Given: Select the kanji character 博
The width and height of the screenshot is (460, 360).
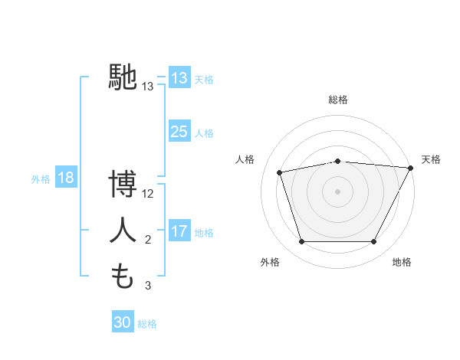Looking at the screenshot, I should click(x=123, y=185).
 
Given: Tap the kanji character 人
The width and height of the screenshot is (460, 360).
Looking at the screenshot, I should click(x=123, y=231).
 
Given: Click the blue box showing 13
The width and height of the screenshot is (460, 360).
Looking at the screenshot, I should click(x=179, y=78).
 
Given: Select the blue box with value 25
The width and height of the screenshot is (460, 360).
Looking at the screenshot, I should click(x=179, y=132).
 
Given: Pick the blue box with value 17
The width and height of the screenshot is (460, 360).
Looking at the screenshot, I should click(x=179, y=231).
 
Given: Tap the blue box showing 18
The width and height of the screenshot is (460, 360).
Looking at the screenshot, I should click(x=66, y=178).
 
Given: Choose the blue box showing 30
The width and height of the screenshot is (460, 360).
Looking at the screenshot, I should click(x=123, y=322).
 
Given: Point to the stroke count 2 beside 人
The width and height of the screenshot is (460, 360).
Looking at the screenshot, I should click(x=148, y=240).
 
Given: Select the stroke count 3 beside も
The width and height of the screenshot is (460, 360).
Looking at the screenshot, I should click(x=148, y=286).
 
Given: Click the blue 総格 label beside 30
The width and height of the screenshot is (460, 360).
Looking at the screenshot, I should click(x=147, y=324).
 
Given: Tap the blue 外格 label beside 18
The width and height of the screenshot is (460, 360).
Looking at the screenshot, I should click(x=41, y=179).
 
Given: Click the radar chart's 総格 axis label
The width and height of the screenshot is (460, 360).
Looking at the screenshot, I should click(x=337, y=100).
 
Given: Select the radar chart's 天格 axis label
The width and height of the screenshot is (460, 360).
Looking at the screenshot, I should click(x=431, y=159).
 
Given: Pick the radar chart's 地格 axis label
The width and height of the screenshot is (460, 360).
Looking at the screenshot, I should click(x=402, y=262).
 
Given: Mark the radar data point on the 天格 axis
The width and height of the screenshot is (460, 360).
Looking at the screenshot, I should click(x=412, y=168).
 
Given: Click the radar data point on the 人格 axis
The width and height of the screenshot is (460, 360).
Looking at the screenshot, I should click(x=280, y=172).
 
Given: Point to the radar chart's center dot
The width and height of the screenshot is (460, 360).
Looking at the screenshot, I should click(x=337, y=191).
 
